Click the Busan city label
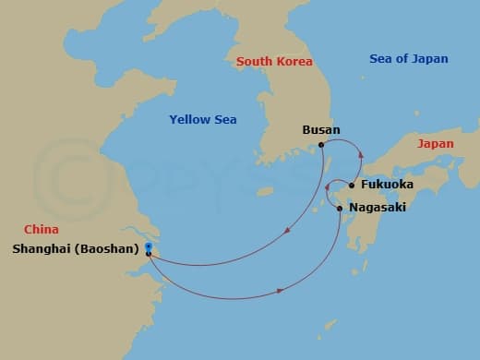[x=321, y=130]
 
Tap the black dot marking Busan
[x=320, y=145]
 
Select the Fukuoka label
[x=387, y=185]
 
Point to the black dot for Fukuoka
[x=352, y=185]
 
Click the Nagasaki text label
[x=378, y=209]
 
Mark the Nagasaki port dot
[x=340, y=209]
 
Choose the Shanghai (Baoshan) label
[x=76, y=248]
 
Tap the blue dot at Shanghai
[x=148, y=246]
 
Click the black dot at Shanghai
[x=148, y=254]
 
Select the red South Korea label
[x=274, y=62]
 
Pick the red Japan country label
[x=435, y=144]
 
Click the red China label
[x=42, y=230]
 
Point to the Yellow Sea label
[x=203, y=119]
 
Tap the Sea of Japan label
[x=408, y=59]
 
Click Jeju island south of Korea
[x=265, y=193]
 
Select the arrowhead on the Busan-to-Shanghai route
[x=288, y=231]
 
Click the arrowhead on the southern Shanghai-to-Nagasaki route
[x=280, y=292]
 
